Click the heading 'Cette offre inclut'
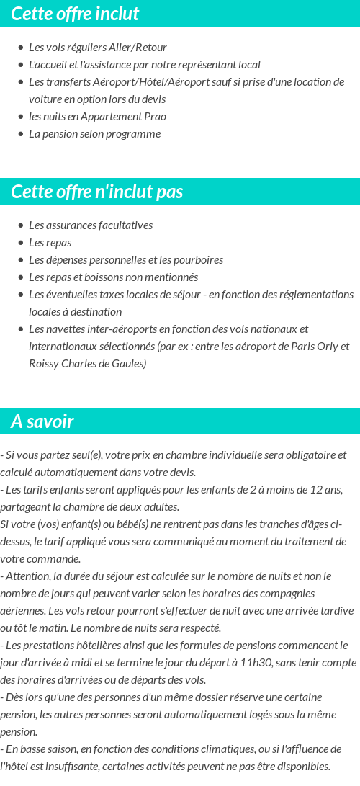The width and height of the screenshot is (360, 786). [x=75, y=14]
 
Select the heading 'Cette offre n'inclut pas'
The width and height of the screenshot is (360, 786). [x=97, y=192]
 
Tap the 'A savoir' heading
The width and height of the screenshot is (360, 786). [x=42, y=421]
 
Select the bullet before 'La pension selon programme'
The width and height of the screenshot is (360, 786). [x=21, y=134]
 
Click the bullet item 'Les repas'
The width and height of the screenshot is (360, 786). [x=50, y=242]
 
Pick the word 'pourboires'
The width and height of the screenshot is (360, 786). [x=198, y=259]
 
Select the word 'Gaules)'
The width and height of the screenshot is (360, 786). [x=129, y=363]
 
